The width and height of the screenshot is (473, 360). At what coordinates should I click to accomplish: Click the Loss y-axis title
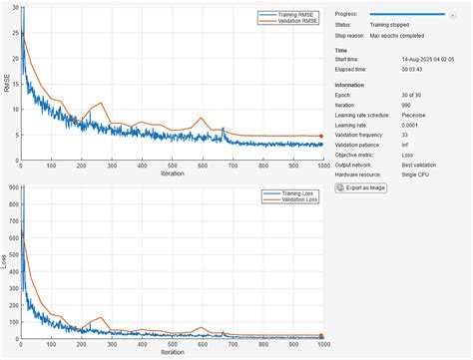(5, 262)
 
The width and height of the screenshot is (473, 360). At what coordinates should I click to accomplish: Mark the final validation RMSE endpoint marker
(321, 136)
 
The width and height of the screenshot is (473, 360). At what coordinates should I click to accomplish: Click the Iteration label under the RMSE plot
(171, 174)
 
